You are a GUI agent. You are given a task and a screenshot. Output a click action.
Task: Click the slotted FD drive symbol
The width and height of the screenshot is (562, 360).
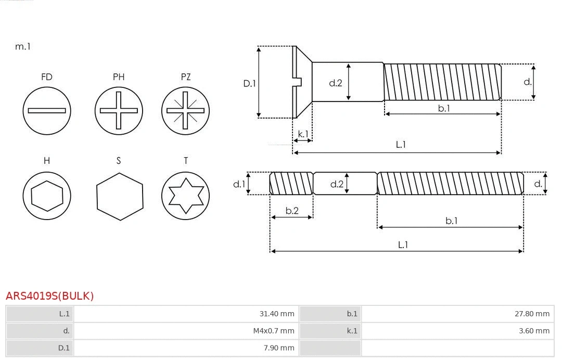point(47,110)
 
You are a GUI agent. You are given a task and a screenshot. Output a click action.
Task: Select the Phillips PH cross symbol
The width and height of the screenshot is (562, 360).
point(119,110)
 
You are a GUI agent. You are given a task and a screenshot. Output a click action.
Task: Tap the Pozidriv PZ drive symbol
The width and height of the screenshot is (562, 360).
point(186,110)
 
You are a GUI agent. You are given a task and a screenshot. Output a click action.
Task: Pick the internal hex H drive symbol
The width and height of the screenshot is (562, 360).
point(47,196)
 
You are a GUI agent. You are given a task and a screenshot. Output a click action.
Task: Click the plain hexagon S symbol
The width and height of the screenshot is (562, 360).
point(119,196)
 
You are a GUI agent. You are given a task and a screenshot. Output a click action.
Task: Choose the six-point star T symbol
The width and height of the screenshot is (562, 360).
point(186,196)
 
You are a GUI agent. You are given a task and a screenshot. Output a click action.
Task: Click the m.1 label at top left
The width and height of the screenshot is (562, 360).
point(23,46)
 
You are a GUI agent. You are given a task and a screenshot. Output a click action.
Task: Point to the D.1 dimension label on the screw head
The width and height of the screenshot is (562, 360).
point(250,83)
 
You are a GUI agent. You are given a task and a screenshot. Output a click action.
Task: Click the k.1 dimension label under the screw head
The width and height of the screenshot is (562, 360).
point(303,134)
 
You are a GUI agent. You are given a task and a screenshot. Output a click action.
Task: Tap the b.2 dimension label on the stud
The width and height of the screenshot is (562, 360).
point(292,211)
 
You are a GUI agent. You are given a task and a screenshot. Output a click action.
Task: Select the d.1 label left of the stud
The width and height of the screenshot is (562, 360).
point(239,184)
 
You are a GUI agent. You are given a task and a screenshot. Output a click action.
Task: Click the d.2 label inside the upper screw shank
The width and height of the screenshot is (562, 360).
point(336,83)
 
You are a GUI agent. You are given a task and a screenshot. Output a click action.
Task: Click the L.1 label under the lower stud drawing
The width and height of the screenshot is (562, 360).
point(403,245)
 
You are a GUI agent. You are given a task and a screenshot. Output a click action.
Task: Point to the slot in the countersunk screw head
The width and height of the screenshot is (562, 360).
point(298,82)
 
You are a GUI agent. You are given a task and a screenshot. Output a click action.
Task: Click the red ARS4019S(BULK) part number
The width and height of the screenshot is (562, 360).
point(50,296)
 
